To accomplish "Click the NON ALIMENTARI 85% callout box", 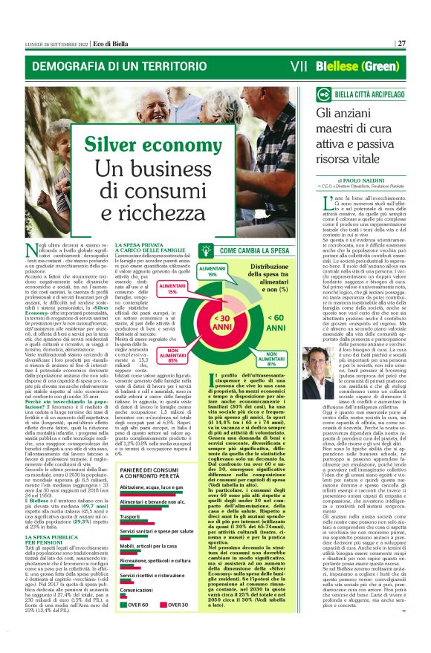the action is [170, 355].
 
